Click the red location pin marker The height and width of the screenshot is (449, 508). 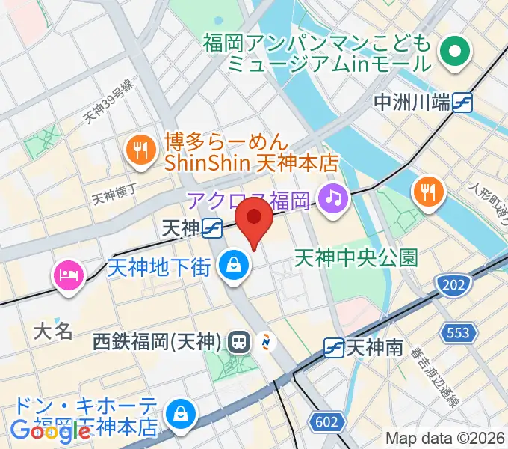[x=254, y=223]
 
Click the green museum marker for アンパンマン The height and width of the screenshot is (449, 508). [x=453, y=52]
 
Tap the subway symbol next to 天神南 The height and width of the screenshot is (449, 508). [x=333, y=347]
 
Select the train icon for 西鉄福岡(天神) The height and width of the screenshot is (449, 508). [x=240, y=342]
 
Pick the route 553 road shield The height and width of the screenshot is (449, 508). [x=455, y=332]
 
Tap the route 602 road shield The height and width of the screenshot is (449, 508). [x=326, y=422]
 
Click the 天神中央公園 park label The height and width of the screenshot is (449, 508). [x=356, y=258]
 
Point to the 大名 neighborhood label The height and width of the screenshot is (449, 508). [x=53, y=330]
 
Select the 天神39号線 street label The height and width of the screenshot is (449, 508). [x=109, y=103]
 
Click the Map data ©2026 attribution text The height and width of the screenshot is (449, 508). [x=445, y=439]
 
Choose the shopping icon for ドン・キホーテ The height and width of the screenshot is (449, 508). [x=181, y=413]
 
